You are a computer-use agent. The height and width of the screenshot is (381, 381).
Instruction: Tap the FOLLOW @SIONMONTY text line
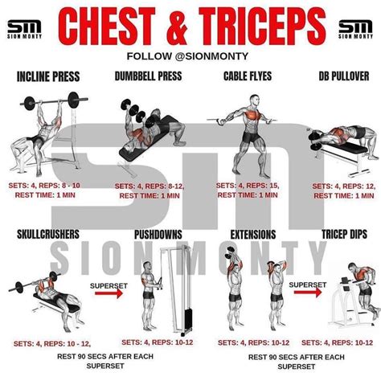click(x=190, y=56)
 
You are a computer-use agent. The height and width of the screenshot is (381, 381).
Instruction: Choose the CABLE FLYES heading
click(x=247, y=78)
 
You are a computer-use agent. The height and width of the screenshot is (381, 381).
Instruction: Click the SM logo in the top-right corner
click(x=355, y=29)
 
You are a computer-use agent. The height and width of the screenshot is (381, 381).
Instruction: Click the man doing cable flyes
click(x=248, y=129)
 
